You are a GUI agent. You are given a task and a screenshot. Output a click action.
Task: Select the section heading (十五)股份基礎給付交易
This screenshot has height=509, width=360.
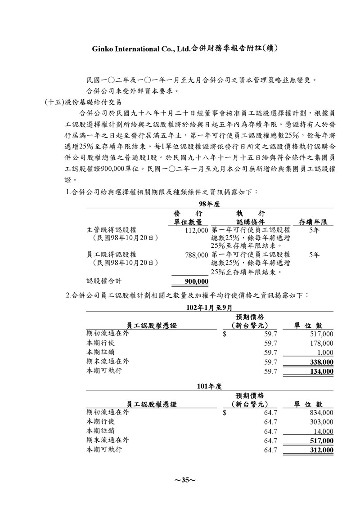(x=83, y=103)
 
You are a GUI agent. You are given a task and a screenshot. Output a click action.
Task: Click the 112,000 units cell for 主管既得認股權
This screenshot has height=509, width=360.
(x=197, y=230)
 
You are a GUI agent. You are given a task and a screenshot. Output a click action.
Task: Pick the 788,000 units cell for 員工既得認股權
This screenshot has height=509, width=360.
(x=197, y=254)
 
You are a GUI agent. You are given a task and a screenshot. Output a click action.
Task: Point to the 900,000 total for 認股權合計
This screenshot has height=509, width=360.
(x=197, y=281)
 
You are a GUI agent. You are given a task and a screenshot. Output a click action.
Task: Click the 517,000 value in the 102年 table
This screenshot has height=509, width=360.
(x=321, y=334)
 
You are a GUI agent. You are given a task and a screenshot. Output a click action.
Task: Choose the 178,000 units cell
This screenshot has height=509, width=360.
(x=321, y=344)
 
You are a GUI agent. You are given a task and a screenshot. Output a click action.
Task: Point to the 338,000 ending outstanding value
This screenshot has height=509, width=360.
(x=321, y=362)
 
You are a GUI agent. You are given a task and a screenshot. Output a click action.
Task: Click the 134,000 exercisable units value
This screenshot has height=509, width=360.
(x=321, y=371)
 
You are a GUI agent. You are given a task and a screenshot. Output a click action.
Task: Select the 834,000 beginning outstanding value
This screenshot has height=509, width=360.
(x=321, y=412)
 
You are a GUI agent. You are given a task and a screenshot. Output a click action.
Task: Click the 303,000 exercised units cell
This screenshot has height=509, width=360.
(x=321, y=422)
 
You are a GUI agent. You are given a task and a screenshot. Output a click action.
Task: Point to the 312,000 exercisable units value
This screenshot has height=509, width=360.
(x=321, y=450)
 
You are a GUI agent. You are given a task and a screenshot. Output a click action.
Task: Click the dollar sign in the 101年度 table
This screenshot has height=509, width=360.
(x=225, y=412)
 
